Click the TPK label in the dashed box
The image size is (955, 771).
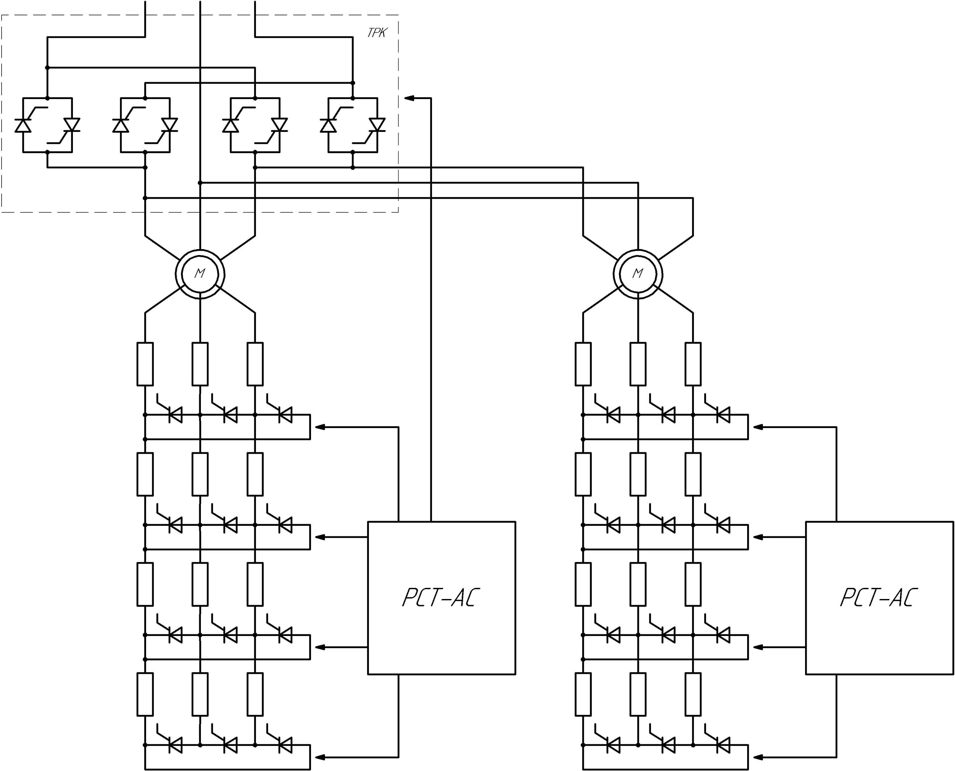coord(377,33)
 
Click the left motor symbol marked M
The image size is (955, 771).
coord(200,274)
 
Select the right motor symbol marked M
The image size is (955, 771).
coord(638,274)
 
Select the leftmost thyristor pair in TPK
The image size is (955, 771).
coord(47,125)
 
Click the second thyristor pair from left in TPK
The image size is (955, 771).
coord(145,125)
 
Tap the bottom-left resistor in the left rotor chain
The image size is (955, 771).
coord(145,694)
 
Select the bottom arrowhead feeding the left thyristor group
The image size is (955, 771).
coord(320,757)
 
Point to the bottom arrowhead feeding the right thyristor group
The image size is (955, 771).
coord(757,757)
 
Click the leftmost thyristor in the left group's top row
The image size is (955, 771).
coord(175,415)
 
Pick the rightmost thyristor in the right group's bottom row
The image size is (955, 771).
coord(723,745)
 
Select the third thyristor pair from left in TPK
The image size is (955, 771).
coord(255,125)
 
